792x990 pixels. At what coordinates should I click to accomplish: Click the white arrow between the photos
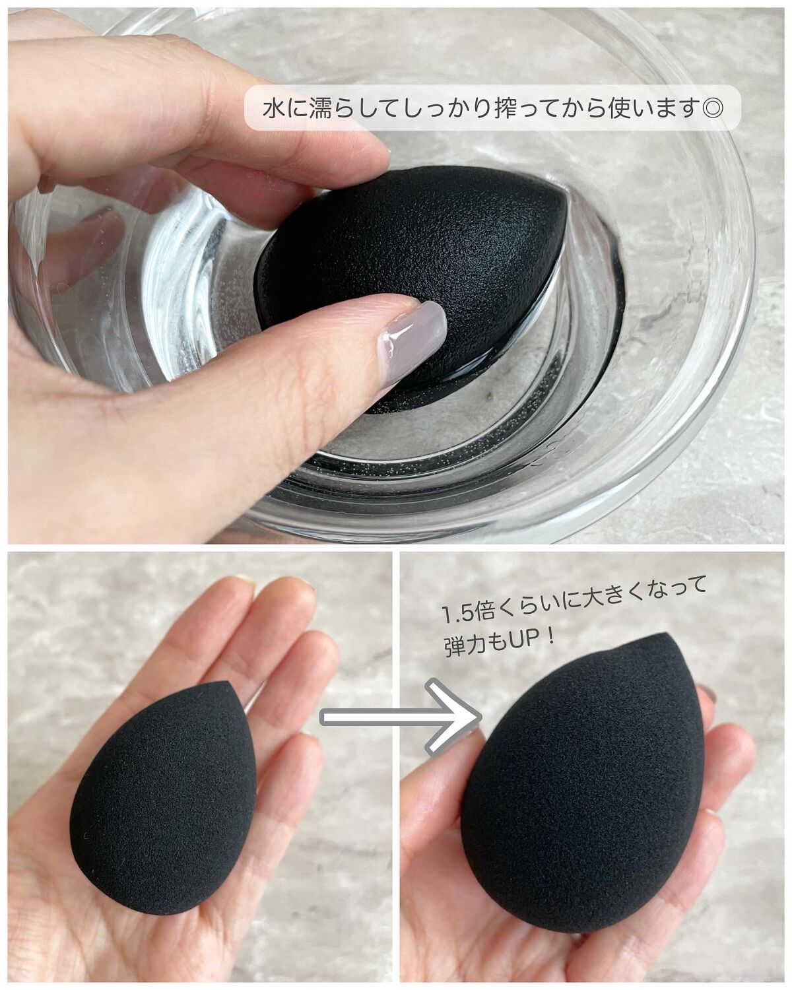point(401,717)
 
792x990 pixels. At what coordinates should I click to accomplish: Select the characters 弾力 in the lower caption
point(460,646)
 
